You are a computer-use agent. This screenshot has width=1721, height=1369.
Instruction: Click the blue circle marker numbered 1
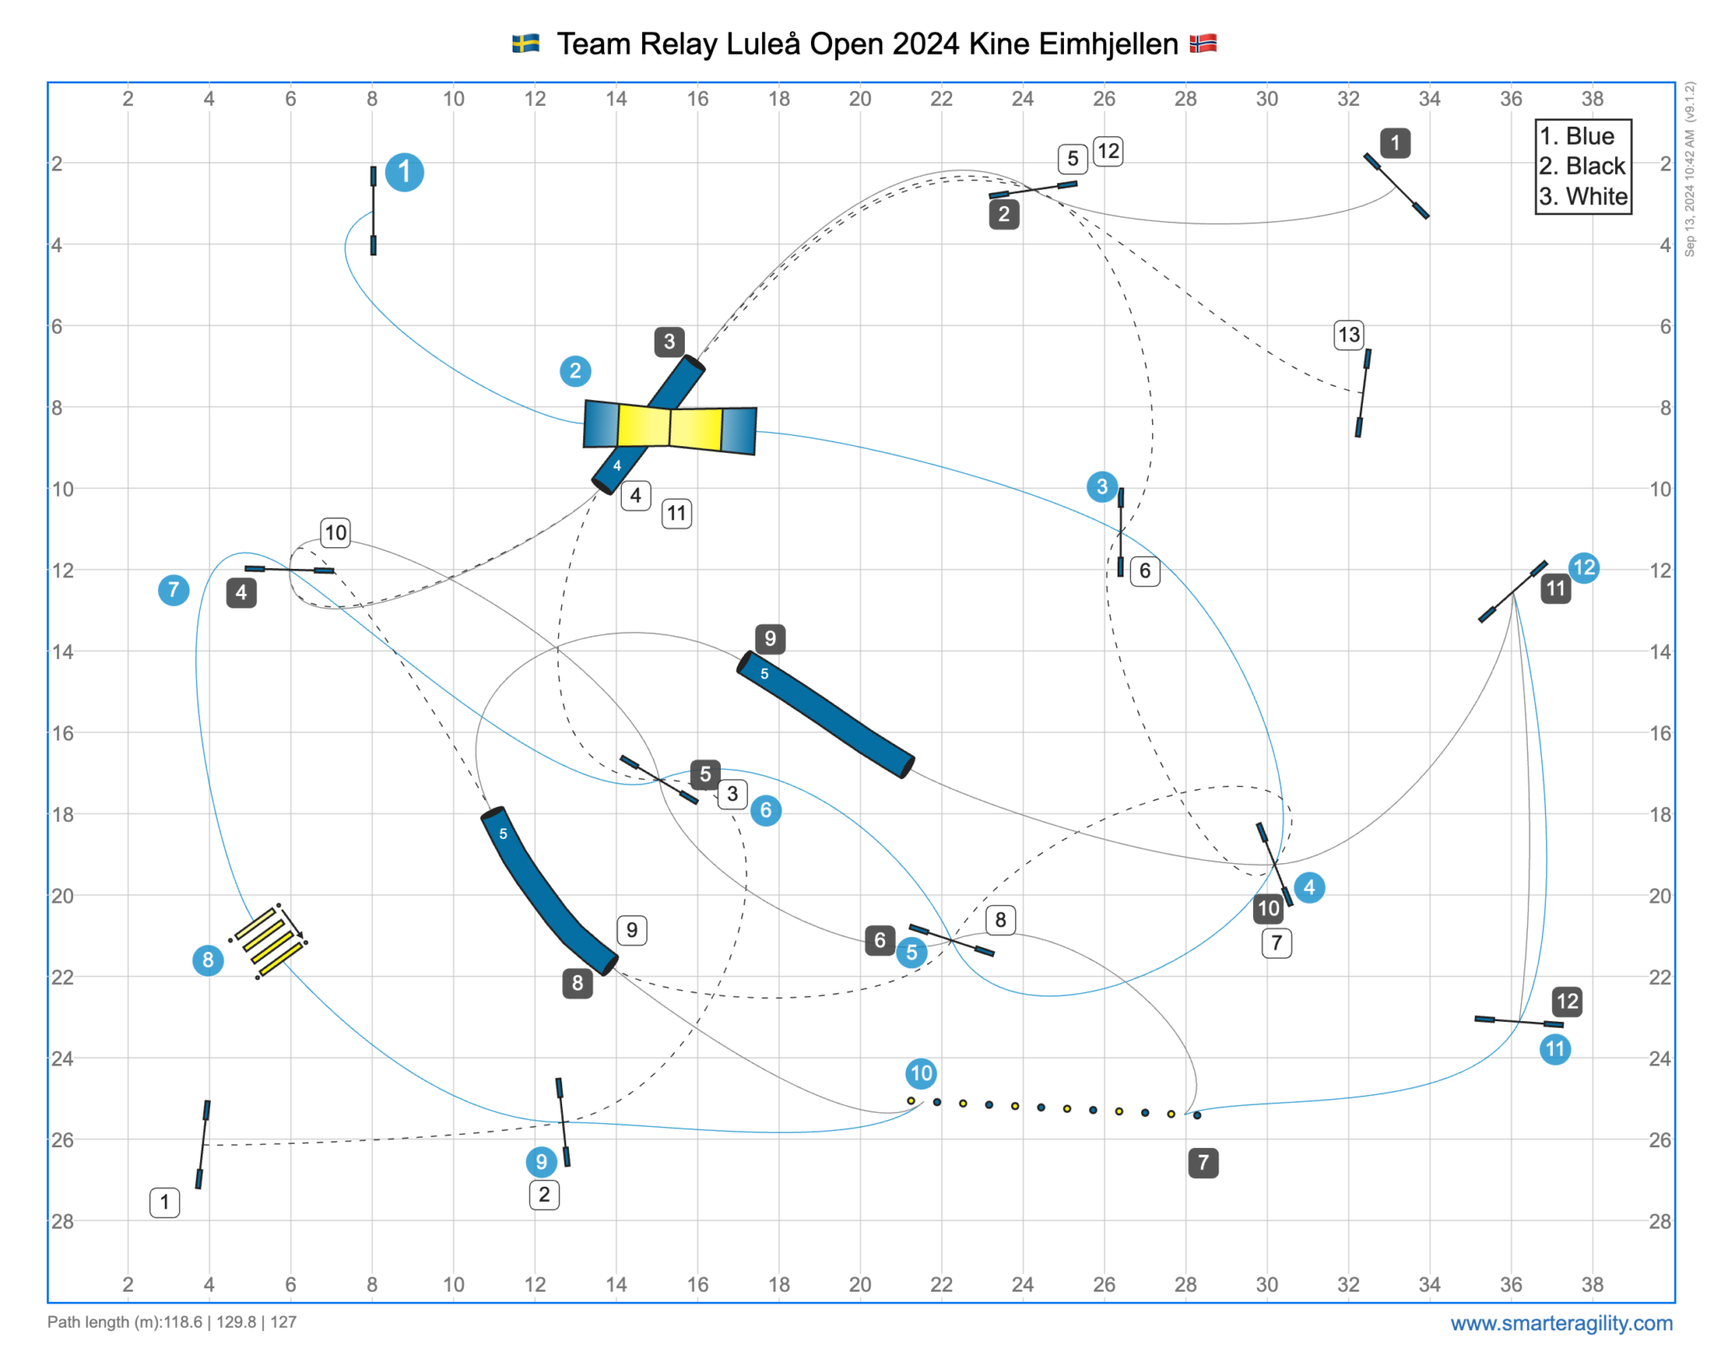pyautogui.click(x=404, y=172)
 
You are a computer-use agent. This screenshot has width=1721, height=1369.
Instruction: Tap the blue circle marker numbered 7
pyautogui.click(x=174, y=590)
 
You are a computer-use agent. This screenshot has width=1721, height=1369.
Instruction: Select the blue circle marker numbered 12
pyautogui.click(x=1583, y=568)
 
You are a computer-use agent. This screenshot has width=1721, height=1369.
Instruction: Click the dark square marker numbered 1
pyautogui.click(x=1395, y=143)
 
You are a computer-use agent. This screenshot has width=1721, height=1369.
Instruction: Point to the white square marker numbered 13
pyautogui.click(x=1349, y=334)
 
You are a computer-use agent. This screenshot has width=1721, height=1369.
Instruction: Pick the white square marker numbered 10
pyautogui.click(x=335, y=533)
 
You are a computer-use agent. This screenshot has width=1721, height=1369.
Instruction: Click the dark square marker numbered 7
pyautogui.click(x=1203, y=1162)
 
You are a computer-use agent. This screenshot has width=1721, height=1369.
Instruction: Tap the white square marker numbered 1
pyautogui.click(x=165, y=1202)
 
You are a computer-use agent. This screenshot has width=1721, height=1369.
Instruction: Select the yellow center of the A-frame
pyautogui.click(x=670, y=427)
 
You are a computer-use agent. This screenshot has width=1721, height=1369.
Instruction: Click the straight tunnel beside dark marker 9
pyautogui.click(x=825, y=714)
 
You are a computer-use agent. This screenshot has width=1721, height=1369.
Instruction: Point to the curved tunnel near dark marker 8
pyautogui.click(x=546, y=891)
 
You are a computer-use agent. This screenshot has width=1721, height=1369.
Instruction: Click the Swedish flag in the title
pyautogui.click(x=526, y=44)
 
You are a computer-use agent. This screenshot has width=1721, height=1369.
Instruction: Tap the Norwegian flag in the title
pyautogui.click(x=1203, y=44)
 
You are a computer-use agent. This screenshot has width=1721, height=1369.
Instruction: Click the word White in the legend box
pyautogui.click(x=1596, y=197)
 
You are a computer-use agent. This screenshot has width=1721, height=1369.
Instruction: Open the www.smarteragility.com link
pyautogui.click(x=1561, y=1323)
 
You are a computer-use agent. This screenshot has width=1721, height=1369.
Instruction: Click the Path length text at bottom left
pyautogui.click(x=171, y=1322)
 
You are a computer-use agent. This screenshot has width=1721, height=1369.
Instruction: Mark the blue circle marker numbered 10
pyautogui.click(x=921, y=1073)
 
